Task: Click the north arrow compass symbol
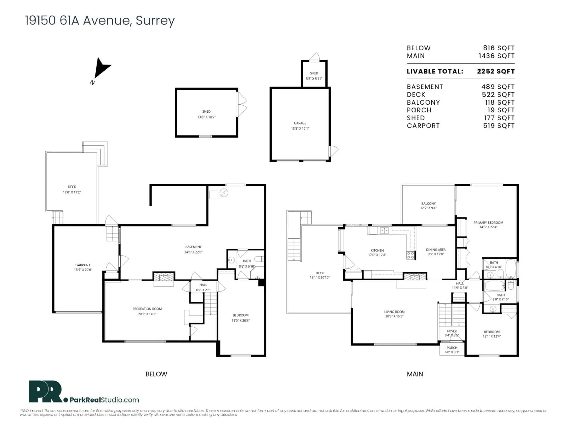pyautogui.click(x=102, y=68)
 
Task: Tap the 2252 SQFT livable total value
pyautogui.click(x=496, y=71)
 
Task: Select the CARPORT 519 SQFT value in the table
pyautogui.click(x=499, y=126)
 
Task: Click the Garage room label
pyautogui.click(x=300, y=123)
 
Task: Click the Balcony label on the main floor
pyautogui.click(x=428, y=203)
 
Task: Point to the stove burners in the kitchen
pyautogui.click(x=410, y=255)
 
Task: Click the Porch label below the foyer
pyautogui.click(x=452, y=348)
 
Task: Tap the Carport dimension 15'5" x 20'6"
pyautogui.click(x=83, y=270)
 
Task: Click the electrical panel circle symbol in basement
pyautogui.click(x=224, y=193)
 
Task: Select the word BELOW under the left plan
pyautogui.click(x=156, y=374)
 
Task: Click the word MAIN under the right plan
pyautogui.click(x=415, y=374)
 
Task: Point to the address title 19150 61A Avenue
pyautogui.click(x=100, y=20)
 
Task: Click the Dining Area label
pyautogui.click(x=436, y=249)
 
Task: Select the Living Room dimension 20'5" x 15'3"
pyautogui.click(x=394, y=316)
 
